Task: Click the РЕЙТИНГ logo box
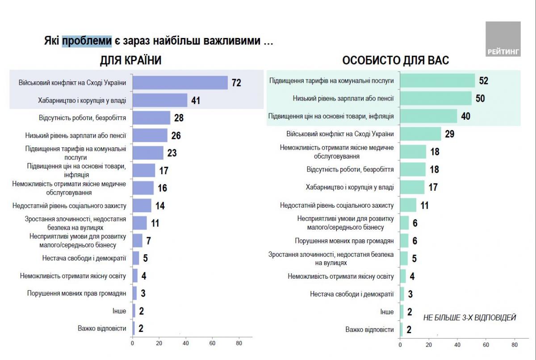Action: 503,39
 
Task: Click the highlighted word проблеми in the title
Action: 87,42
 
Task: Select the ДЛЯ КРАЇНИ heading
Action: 130,60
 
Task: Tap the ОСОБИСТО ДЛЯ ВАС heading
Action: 395,60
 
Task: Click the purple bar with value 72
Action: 180,83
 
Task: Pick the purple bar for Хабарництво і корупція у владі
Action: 160,100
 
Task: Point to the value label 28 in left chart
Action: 179,118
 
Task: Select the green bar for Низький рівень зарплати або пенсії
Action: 435,98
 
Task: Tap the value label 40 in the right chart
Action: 466,116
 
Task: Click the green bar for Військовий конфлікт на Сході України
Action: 420,134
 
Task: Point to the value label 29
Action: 449,134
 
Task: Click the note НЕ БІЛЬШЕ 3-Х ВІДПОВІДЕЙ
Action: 469,318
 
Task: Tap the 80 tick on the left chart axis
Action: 239,343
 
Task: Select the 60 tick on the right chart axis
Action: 486,345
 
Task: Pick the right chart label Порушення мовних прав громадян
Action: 344,241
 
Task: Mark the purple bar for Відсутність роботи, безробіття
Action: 151,118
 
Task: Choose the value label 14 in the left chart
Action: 159,205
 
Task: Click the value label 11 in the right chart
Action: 424,205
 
